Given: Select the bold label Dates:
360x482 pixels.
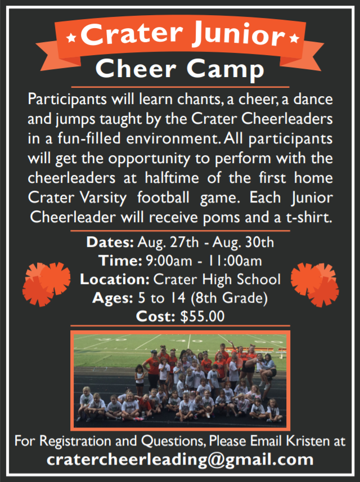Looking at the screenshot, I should tap(109, 243).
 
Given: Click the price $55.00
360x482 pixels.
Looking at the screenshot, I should tap(202, 317).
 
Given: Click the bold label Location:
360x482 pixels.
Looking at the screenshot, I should tap(115, 280).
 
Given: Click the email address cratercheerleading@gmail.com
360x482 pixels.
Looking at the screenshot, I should tap(180, 460).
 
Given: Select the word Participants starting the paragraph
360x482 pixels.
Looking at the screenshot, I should tap(63, 100).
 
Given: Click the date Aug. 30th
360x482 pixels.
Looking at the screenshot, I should tap(249, 243).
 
